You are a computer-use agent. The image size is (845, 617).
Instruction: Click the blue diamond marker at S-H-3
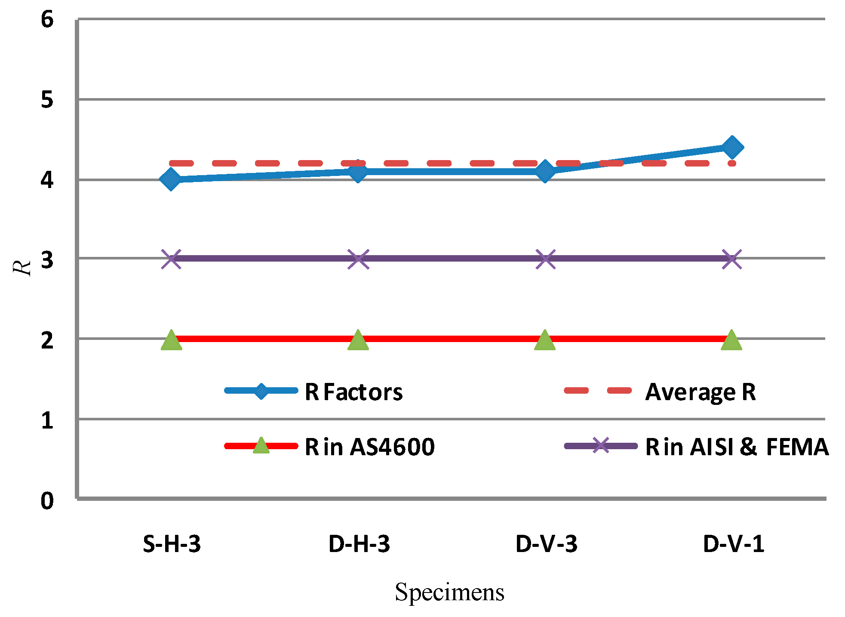coord(171,179)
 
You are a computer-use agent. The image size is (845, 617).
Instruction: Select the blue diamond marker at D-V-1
coord(732,147)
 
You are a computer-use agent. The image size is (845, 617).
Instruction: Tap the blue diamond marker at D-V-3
coord(545,171)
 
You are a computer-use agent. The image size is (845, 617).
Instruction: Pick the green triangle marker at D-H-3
coord(358,340)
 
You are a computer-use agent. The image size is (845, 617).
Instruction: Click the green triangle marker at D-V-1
coord(731,340)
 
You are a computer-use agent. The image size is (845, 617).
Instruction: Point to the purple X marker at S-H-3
coord(171,259)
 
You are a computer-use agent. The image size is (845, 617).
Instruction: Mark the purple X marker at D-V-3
coord(545,259)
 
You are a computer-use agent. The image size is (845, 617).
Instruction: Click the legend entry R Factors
coord(353,392)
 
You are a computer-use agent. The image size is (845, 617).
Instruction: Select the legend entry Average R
coord(700,392)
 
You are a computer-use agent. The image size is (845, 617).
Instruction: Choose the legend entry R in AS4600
coord(369,447)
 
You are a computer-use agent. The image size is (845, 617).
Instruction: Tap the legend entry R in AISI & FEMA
coord(736,447)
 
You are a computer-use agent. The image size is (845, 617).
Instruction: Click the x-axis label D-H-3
coord(359,544)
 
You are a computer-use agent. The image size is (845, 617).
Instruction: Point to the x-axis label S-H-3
coord(172,544)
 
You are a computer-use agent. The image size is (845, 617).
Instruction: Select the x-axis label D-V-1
coord(734,544)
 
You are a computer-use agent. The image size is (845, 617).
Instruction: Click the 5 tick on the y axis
coord(47,100)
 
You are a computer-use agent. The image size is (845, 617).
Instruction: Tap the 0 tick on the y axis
coord(47,501)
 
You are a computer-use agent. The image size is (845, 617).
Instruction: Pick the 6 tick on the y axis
coord(47,20)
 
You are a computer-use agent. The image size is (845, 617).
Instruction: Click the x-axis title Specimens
coord(449,592)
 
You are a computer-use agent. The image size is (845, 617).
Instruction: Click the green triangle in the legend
coord(261,446)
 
